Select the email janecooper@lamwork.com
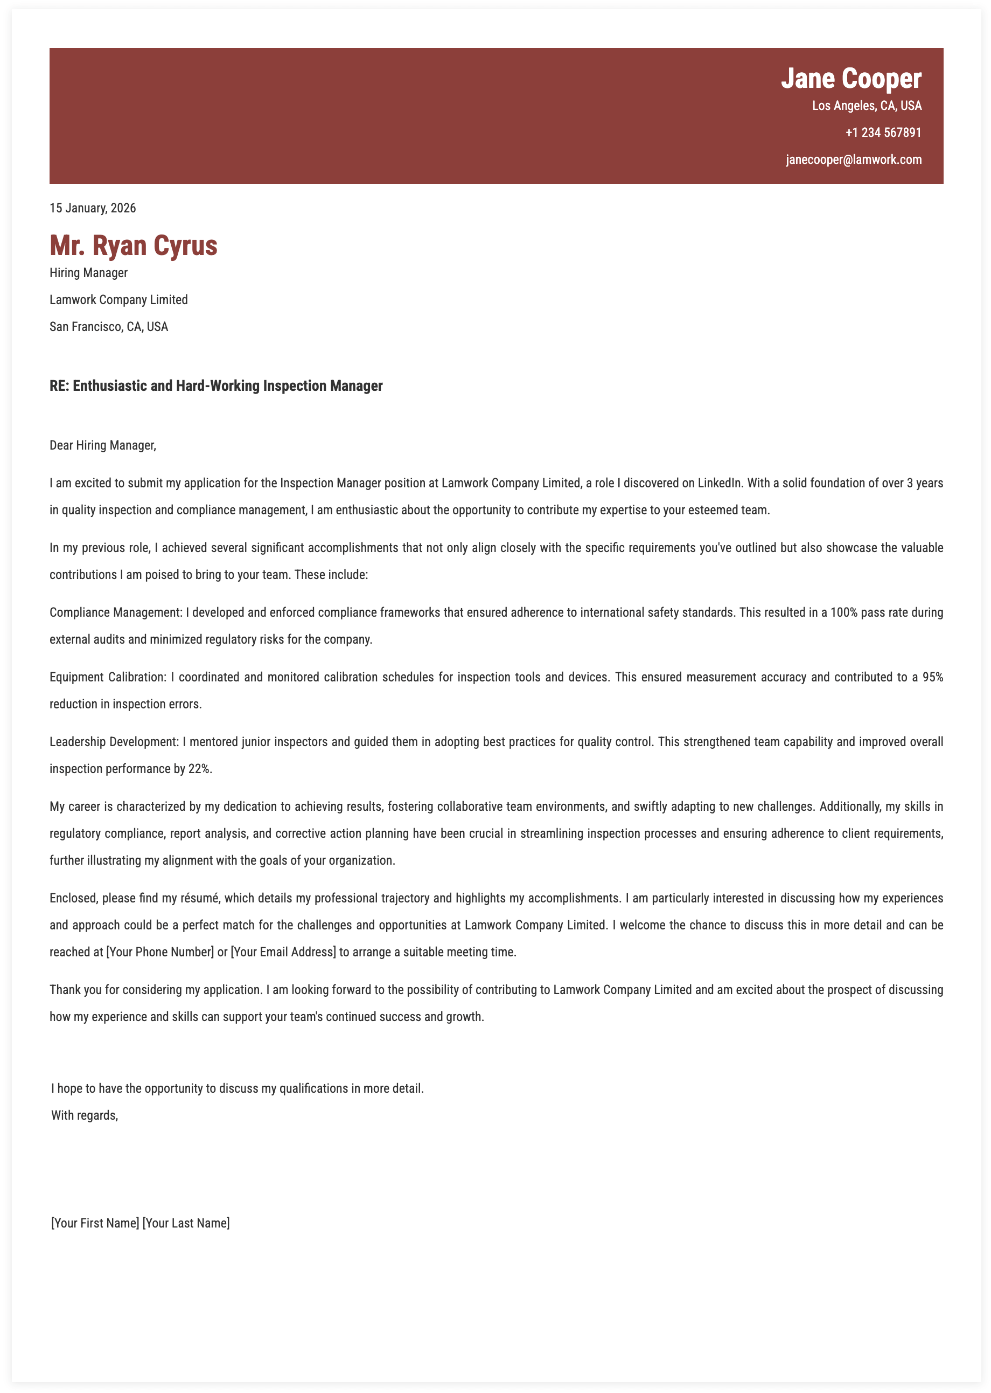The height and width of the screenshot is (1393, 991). [x=853, y=160]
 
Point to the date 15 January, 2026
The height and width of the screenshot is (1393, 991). [x=93, y=208]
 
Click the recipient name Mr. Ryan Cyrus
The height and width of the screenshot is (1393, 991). [x=133, y=245]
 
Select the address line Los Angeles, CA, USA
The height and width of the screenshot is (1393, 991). [x=867, y=106]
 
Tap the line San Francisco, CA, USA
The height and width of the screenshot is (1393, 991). [x=109, y=327]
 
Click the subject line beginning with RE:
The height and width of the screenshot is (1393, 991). [x=216, y=386]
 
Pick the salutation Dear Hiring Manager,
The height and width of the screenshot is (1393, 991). [x=102, y=445]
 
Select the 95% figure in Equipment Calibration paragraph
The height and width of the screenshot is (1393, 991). [x=932, y=677]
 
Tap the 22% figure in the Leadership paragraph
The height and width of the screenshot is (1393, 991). [x=200, y=769]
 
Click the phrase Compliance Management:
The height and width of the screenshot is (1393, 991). [x=116, y=612]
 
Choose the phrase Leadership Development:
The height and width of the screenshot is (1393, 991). [x=114, y=742]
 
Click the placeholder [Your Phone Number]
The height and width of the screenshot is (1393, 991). [x=160, y=952]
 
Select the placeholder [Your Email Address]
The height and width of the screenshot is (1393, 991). [x=283, y=952]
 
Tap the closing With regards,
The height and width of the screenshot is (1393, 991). [x=84, y=1116]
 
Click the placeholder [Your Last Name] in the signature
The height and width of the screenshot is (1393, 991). [x=186, y=1223]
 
